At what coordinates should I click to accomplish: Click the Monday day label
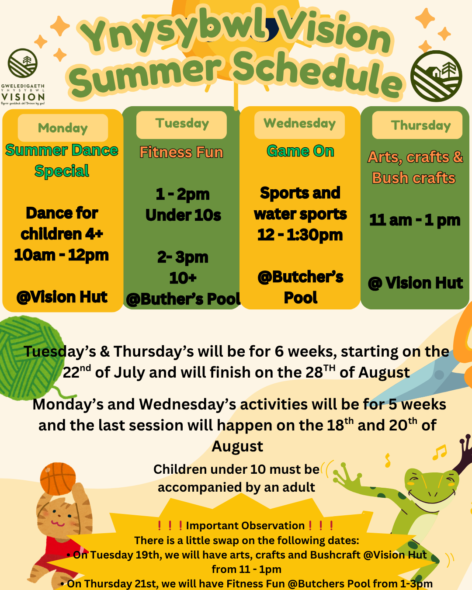(x=63, y=128)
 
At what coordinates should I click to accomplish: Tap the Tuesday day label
(x=182, y=123)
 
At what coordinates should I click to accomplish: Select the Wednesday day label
(x=299, y=123)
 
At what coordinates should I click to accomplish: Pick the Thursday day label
(x=421, y=125)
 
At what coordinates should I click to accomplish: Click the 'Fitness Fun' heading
(x=181, y=152)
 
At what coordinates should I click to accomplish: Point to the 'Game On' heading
(x=300, y=151)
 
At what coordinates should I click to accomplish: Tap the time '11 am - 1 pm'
(x=415, y=220)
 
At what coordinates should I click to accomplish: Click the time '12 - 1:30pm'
(x=300, y=235)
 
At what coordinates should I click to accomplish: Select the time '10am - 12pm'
(x=62, y=255)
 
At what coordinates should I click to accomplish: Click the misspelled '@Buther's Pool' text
(x=183, y=299)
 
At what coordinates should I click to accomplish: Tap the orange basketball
(x=58, y=479)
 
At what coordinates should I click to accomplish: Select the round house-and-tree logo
(x=436, y=76)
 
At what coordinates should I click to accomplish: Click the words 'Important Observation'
(x=246, y=526)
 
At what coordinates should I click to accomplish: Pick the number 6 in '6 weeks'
(x=279, y=352)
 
